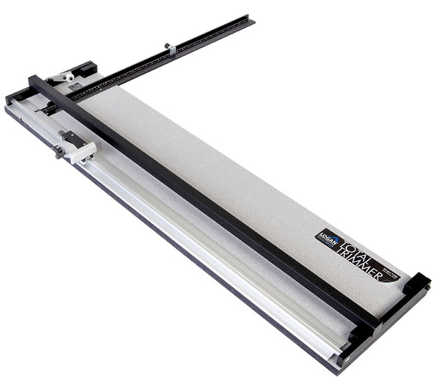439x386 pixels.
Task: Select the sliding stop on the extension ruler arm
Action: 170,49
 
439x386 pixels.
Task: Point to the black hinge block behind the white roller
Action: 84,70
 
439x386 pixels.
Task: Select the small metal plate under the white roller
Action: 75,87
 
